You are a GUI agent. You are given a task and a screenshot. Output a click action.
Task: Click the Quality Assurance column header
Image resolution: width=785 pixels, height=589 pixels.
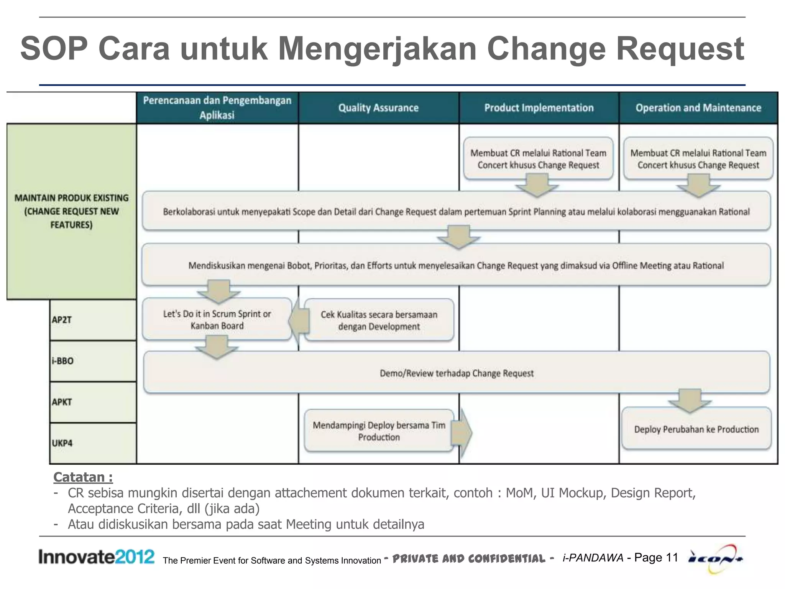(x=378, y=108)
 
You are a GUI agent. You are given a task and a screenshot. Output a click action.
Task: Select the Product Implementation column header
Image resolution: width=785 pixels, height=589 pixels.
(x=539, y=108)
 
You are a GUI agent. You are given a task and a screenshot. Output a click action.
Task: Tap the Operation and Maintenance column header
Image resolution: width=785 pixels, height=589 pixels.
(x=698, y=108)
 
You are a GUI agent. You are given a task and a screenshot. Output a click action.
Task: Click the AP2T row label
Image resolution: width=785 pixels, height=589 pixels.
(x=62, y=320)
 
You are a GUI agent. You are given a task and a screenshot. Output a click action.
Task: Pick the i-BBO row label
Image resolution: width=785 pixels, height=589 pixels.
(x=63, y=361)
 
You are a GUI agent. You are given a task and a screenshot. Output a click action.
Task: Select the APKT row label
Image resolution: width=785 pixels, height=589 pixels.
(x=62, y=402)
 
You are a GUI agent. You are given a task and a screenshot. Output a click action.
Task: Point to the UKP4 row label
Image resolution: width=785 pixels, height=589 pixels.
(x=62, y=443)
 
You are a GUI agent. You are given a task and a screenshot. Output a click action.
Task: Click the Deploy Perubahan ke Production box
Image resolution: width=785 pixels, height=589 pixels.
(x=696, y=429)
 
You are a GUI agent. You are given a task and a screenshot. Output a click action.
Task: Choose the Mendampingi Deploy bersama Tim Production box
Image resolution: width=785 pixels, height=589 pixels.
(x=379, y=431)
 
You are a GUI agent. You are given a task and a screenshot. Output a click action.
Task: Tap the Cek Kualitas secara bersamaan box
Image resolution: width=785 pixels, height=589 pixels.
(x=379, y=321)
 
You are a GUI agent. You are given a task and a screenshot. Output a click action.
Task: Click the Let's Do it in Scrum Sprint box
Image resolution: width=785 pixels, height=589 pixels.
(x=217, y=319)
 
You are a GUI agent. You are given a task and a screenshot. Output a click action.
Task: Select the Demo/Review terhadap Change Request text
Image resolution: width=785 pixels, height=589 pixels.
(x=457, y=373)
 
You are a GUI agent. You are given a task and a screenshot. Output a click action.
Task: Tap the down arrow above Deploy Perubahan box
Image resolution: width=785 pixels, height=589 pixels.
(x=690, y=401)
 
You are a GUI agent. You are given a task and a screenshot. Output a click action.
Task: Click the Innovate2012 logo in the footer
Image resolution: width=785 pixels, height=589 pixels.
(x=96, y=557)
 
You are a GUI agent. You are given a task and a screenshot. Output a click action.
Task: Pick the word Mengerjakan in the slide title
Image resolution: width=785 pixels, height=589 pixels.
(x=377, y=49)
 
